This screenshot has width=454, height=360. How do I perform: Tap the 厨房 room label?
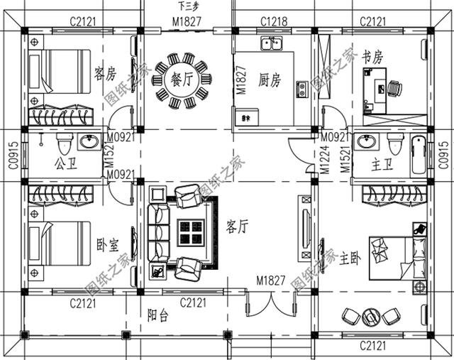click(270, 80)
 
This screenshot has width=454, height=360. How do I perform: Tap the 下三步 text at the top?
click(187, 6)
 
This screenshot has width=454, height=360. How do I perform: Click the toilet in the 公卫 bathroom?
click(62, 144)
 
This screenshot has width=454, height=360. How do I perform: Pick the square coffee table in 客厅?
click(190, 231)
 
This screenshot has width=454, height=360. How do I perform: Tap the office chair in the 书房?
click(394, 89)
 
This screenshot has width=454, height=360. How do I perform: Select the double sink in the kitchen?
click(271, 44)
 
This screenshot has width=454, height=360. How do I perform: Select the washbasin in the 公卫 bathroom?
click(89, 143)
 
